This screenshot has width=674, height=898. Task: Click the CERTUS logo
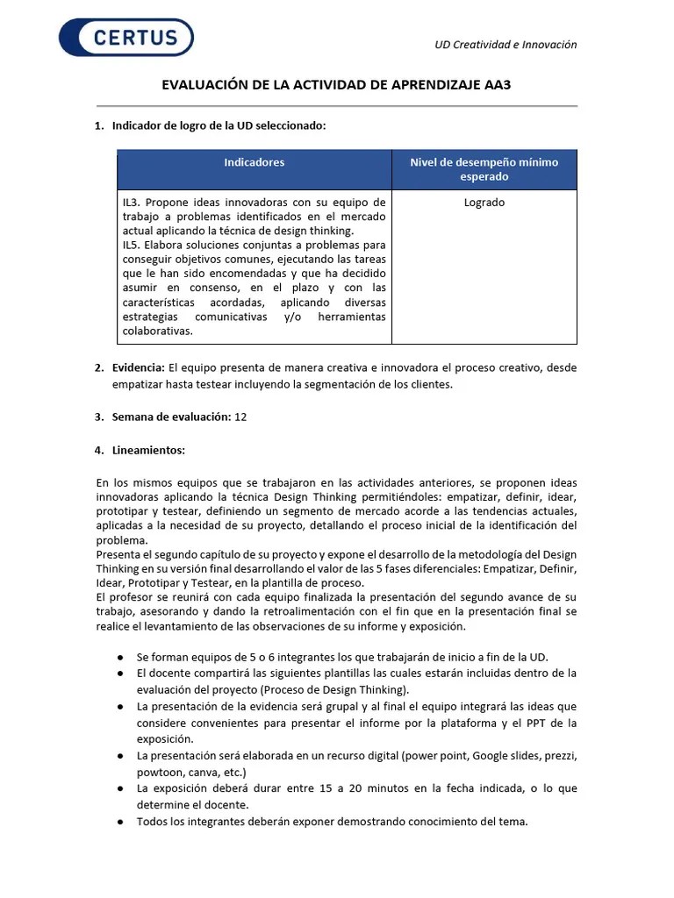coord(125,38)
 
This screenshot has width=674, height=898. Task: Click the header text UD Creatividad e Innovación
coord(505,45)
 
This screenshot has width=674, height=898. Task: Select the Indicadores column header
coord(254,162)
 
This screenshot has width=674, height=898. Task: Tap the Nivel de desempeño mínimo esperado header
coord(484,169)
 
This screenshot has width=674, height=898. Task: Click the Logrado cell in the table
coord(484,203)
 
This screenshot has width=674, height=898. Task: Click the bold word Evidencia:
coord(139,367)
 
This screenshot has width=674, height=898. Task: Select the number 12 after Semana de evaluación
coord(240,417)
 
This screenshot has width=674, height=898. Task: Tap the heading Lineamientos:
coord(148,450)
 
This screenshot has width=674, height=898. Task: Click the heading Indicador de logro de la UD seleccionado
coord(219,125)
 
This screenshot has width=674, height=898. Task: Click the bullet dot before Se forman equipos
coord(119,658)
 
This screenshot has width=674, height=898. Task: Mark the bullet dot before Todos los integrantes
coord(119,822)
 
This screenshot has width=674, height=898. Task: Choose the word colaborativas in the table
coord(158,331)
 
